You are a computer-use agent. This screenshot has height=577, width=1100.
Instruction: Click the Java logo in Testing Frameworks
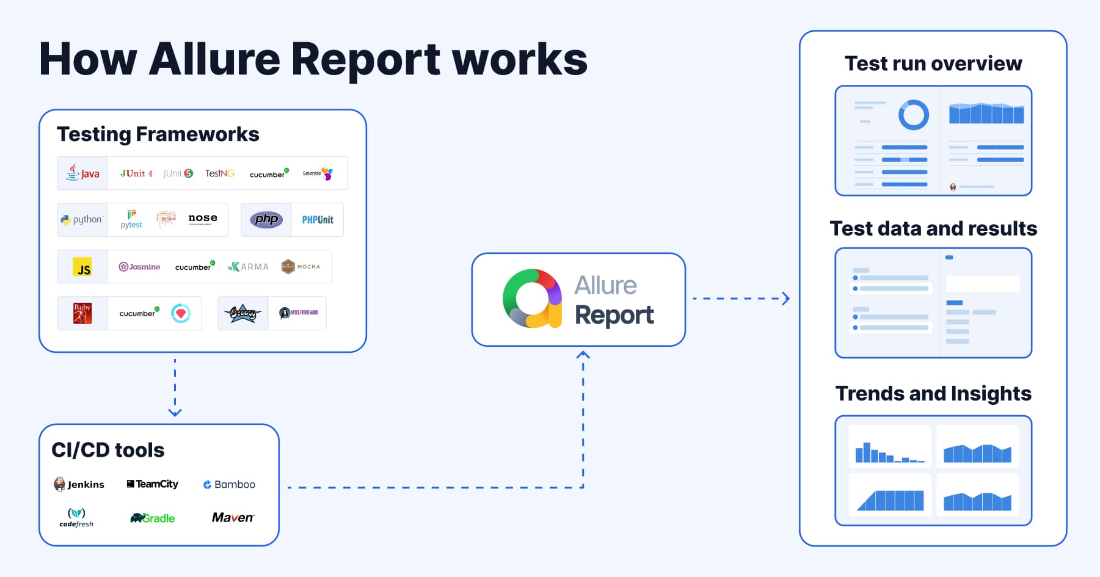pos(82,173)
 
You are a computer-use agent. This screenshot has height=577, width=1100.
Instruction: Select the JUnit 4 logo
pos(136,173)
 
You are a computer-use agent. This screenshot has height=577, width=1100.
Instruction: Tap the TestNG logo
pos(220,173)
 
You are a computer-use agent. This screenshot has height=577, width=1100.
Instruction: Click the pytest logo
pos(131,219)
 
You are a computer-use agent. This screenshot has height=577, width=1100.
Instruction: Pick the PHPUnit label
pos(318,220)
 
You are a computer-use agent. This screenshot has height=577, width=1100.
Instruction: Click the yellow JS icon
pos(82,267)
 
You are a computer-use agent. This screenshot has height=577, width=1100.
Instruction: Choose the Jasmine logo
pos(139,267)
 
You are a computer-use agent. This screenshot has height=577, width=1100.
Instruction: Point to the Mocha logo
pos(300,266)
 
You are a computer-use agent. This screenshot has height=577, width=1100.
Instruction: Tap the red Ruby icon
pos(82,313)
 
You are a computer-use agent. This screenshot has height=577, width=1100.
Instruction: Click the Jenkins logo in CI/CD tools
pos(79,484)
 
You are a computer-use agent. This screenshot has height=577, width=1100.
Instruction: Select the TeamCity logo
pos(153,484)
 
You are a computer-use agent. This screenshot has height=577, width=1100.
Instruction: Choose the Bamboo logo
pos(229,484)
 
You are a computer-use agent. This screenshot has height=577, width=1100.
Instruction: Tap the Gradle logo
pos(153,518)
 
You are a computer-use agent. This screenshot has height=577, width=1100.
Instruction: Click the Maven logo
pos(233,518)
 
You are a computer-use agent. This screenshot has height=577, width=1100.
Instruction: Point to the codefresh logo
pos(76,517)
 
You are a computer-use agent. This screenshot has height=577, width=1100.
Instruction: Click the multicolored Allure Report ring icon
pos(532,299)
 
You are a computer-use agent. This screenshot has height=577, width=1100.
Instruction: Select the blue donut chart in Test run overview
pos(913,115)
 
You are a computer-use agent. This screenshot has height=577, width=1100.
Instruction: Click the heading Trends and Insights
pos(933,393)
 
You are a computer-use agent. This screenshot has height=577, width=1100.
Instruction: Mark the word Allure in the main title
pos(214,59)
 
